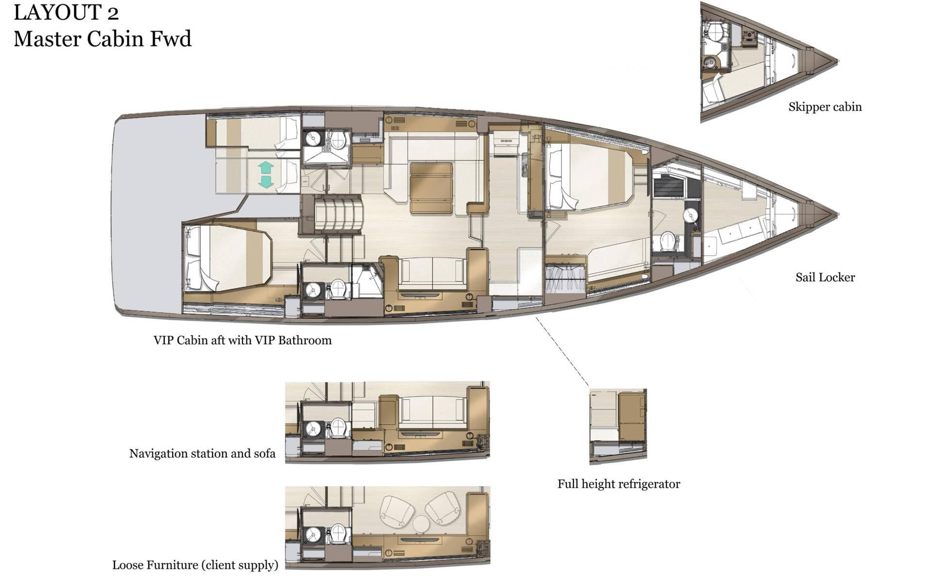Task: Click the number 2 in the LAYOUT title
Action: pyautogui.click(x=113, y=13)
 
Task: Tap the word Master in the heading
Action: pyautogui.click(x=47, y=39)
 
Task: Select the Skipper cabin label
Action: pyautogui.click(x=825, y=107)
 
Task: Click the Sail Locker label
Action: pyautogui.click(x=825, y=277)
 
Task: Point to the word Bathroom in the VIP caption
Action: pyautogui.click(x=305, y=340)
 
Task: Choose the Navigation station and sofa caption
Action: pyautogui.click(x=202, y=454)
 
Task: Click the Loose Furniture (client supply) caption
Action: pyautogui.click(x=195, y=565)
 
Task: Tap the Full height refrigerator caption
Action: pyautogui.click(x=619, y=484)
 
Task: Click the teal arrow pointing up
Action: pyautogui.click(x=266, y=168)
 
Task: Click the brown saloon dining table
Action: pyautogui.click(x=432, y=188)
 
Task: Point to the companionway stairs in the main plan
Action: pyautogui.click(x=338, y=215)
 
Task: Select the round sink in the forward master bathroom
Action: pyautogui.click(x=690, y=215)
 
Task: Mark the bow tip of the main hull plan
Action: pyautogui.click(x=838, y=214)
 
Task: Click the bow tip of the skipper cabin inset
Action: pyautogui.click(x=838, y=61)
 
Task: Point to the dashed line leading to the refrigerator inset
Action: pyautogui.click(x=562, y=352)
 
